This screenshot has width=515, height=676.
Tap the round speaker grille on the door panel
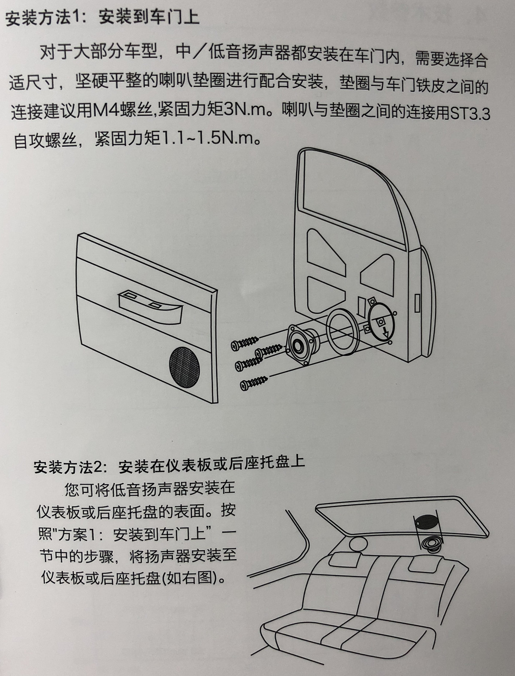[185, 367]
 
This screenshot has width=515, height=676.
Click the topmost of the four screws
[245, 343]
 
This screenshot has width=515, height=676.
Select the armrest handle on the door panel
[150, 309]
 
